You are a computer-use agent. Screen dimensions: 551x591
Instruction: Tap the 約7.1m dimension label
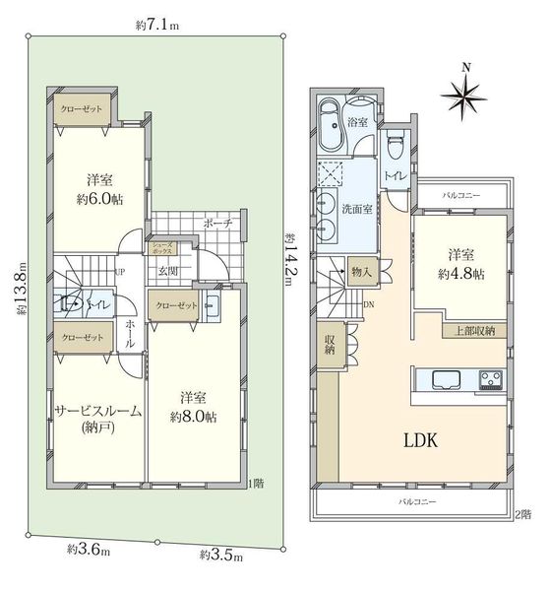[157, 26]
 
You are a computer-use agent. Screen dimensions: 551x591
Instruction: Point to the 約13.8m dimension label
[22, 289]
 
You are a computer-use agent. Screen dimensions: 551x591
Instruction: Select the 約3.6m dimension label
[89, 551]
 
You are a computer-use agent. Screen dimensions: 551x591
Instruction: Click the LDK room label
[421, 440]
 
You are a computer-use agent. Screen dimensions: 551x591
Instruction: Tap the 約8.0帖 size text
[193, 417]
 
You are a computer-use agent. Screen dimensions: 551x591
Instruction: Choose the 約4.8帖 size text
[461, 274]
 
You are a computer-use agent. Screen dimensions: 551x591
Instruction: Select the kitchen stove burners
[491, 379]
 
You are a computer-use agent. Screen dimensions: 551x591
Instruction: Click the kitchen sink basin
[447, 379]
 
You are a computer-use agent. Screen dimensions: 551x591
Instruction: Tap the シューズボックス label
[162, 248]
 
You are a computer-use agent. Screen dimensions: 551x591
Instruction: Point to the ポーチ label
[217, 223]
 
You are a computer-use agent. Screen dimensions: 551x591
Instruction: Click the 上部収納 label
[474, 331]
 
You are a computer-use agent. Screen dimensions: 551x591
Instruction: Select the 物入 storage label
[361, 272]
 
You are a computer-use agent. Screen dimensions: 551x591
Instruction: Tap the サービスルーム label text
[98, 411]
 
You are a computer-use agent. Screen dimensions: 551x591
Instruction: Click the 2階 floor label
[523, 514]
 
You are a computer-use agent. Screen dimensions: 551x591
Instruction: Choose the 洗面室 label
[357, 209]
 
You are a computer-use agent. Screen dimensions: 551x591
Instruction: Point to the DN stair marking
[369, 304]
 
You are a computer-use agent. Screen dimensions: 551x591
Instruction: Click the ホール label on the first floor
[130, 334]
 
